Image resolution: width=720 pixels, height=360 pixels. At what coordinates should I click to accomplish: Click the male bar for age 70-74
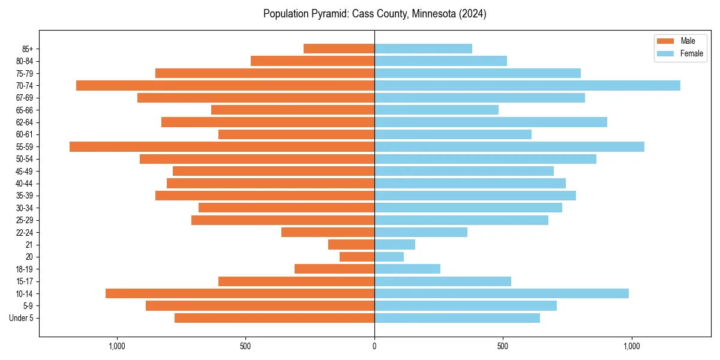pos(225,85)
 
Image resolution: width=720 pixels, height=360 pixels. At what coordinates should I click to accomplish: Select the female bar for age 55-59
pos(509,146)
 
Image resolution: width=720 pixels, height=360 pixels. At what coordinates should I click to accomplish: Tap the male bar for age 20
pos(357,257)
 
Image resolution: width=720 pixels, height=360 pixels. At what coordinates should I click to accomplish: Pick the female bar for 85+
pos(423,49)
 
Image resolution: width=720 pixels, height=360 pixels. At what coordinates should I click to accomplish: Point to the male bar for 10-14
pos(240,293)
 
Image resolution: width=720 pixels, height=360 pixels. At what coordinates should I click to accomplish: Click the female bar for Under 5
pos(457,318)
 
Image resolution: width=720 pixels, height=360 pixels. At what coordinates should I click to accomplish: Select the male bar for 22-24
pos(328,232)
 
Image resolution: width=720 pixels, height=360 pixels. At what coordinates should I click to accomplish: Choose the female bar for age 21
pos(395,244)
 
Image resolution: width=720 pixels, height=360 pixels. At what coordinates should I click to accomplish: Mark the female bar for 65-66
pos(436,110)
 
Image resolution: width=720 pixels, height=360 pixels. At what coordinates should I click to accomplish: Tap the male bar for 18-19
pos(334,269)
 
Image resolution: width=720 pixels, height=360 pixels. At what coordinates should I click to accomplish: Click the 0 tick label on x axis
pos(374,346)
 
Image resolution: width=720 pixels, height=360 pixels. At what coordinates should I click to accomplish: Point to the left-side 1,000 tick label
pos(116,346)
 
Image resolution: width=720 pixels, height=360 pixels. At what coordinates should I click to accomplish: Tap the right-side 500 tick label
pos(503,346)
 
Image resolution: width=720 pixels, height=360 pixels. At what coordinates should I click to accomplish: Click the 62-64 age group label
pos(25,122)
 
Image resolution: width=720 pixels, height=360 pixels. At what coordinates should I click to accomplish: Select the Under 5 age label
pos(22,318)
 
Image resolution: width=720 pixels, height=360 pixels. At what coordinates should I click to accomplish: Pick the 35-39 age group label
pos(25,196)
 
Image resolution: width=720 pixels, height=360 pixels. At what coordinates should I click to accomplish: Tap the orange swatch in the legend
pos(665,41)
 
